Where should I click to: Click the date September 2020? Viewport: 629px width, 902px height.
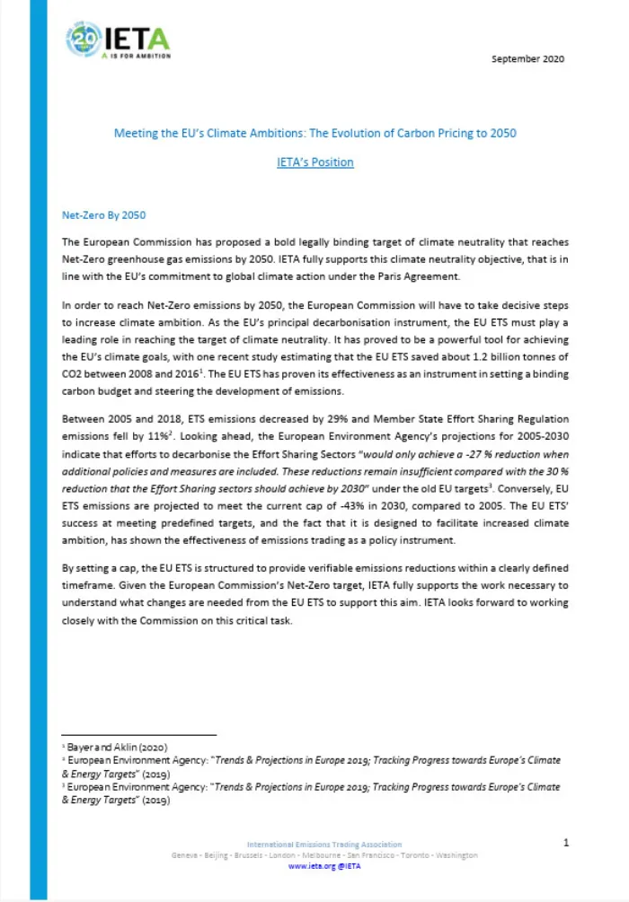(x=528, y=59)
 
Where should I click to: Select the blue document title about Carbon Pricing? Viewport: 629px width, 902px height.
(x=314, y=133)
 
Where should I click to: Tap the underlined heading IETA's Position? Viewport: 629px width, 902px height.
(x=314, y=162)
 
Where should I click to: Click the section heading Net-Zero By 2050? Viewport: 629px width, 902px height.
(x=103, y=216)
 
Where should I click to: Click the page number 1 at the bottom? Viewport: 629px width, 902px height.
(x=565, y=843)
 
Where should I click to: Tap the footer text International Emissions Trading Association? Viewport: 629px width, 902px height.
(x=324, y=845)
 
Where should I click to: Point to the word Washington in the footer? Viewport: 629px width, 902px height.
(x=456, y=855)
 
